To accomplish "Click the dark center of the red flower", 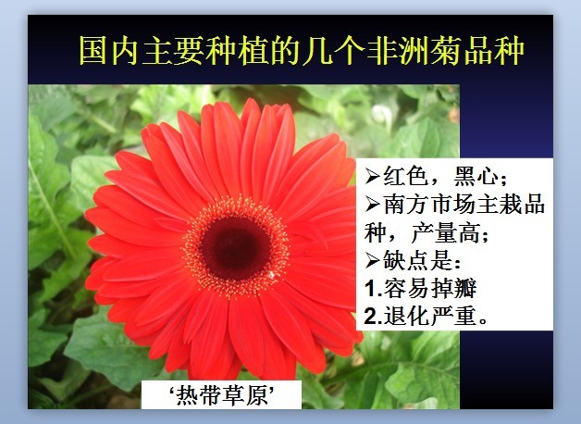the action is [235, 247].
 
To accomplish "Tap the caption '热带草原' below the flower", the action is [222, 395].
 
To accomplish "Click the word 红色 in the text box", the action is [406, 176].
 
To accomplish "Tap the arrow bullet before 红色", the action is [373, 176].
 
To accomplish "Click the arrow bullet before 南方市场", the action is [373, 205].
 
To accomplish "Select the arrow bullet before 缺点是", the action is [373, 260].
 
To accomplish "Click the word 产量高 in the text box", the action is [447, 232].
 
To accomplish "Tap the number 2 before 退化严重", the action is [371, 317].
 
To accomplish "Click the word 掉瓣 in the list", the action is [453, 288].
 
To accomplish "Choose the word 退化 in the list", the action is [407, 316].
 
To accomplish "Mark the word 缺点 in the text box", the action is [406, 260].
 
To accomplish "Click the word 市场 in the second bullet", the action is [452, 205].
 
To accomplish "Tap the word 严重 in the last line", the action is [453, 316].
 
